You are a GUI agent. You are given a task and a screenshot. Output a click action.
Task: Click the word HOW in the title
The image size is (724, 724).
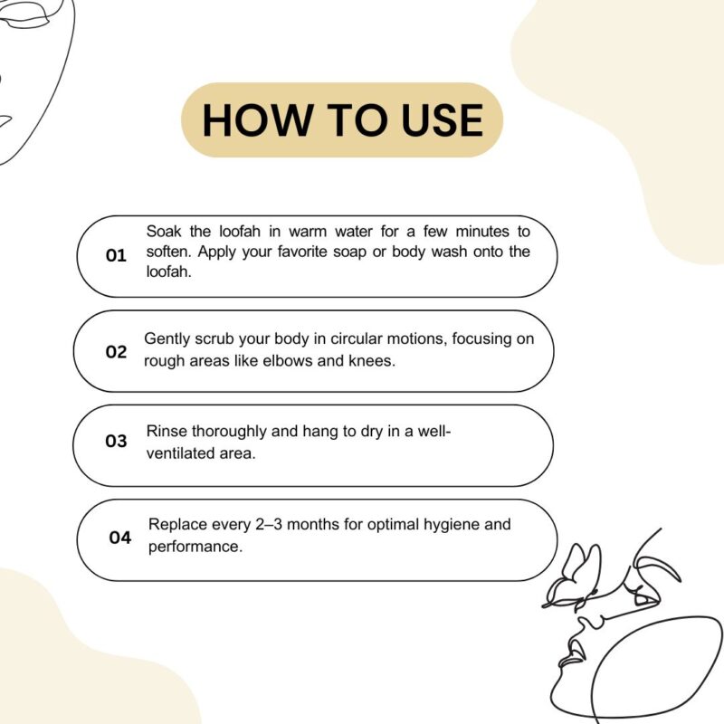256,120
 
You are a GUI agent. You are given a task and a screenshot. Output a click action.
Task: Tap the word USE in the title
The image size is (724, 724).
442,120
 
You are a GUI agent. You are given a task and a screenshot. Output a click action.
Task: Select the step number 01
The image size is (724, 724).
116,255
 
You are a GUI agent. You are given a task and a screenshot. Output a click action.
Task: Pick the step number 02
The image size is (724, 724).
116,352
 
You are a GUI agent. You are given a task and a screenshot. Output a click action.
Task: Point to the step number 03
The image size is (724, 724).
116,441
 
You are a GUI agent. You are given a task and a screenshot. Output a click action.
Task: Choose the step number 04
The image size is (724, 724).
120,538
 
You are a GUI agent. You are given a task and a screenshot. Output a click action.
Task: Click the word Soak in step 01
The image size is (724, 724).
164,231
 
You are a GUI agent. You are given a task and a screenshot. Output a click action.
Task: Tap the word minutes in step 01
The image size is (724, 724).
482,231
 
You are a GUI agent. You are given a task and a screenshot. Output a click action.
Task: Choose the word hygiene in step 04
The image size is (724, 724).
452,526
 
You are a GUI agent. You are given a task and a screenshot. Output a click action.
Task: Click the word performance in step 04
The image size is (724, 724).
195,548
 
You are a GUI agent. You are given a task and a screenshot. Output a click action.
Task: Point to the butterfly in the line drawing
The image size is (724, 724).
573,577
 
